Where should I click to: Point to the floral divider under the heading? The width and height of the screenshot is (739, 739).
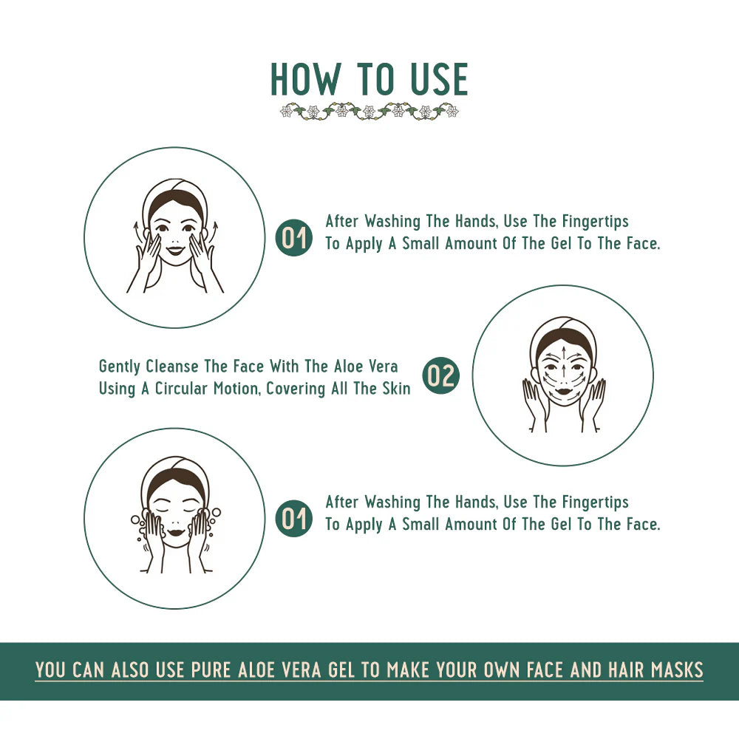pos(369,112)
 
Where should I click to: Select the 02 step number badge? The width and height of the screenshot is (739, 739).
pos(441,376)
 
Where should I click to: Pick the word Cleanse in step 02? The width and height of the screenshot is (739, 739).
pos(172,367)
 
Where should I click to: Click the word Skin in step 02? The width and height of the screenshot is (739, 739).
pos(395,389)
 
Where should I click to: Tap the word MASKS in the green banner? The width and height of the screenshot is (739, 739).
pos(677,670)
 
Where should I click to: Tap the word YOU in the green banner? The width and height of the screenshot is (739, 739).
pos(51,670)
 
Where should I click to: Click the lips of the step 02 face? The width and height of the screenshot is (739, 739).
pos(562,390)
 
